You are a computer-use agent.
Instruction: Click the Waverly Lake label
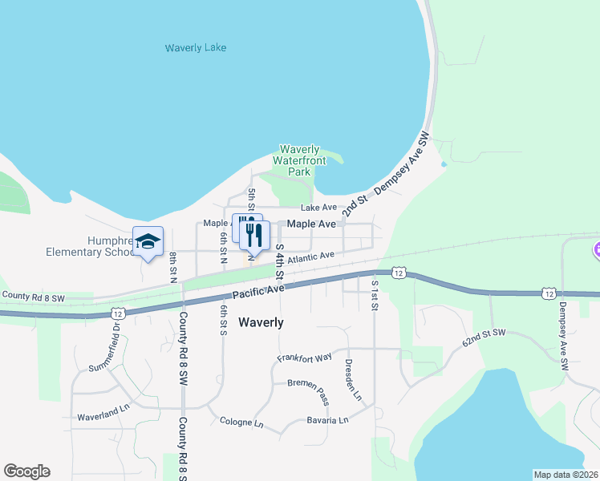[x=196, y=48]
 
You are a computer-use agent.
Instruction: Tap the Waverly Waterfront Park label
[x=300, y=160]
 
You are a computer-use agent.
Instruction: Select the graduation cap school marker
[x=148, y=240]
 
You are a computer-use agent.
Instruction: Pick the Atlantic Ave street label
[x=310, y=258]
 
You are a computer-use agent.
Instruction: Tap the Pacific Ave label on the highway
[x=259, y=293]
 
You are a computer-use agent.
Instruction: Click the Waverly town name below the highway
[x=261, y=322]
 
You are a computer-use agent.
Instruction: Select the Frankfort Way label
[x=305, y=358]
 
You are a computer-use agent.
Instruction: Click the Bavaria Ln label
[x=328, y=420]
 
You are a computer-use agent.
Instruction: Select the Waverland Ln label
[x=103, y=418]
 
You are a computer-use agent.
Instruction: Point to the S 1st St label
[x=374, y=294]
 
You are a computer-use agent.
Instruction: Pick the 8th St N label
[x=172, y=267]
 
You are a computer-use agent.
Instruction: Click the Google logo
[x=26, y=471]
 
